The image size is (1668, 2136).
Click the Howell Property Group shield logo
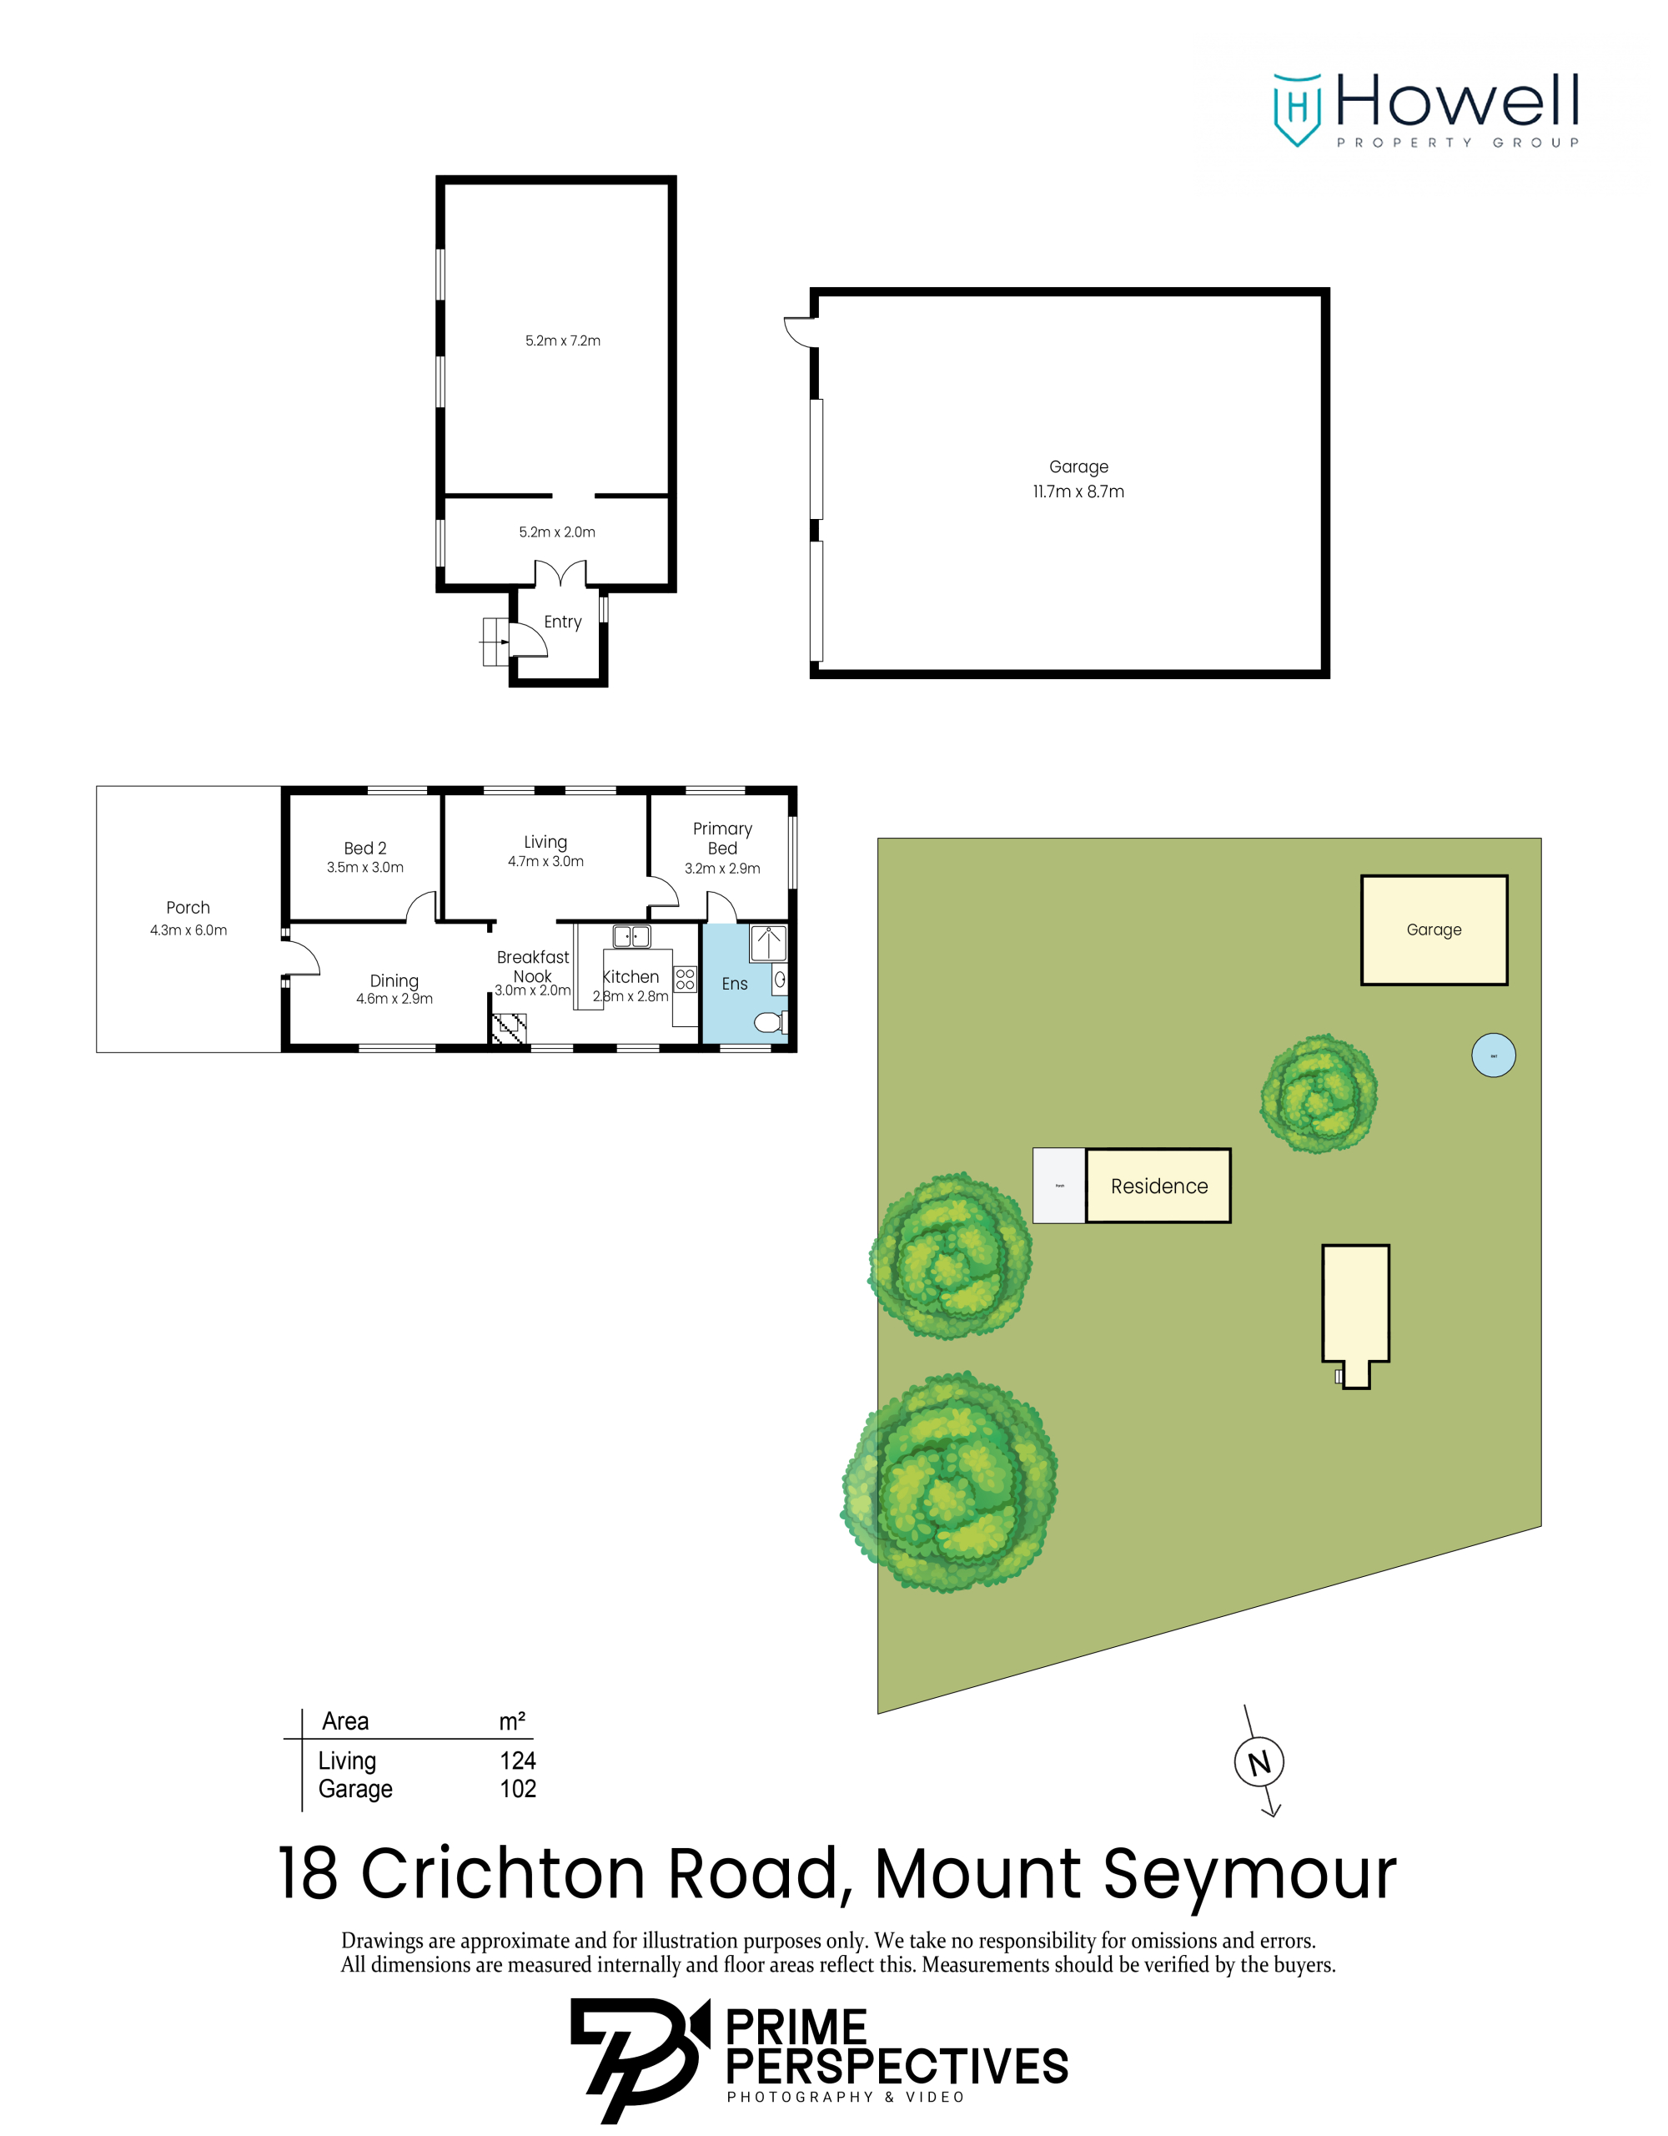[x=1297, y=108]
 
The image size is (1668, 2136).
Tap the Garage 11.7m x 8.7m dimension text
[x=1078, y=479]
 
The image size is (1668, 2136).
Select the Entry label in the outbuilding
[x=562, y=622]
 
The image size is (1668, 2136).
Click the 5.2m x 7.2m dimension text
[x=562, y=340]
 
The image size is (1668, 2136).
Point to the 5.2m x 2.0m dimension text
[x=556, y=532]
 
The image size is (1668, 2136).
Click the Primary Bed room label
[x=722, y=839]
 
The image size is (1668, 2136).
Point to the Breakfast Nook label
[x=533, y=966]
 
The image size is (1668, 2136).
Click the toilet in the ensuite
[x=770, y=1022]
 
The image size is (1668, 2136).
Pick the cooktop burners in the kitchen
[x=685, y=979]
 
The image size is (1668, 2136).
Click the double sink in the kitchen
[x=631, y=936]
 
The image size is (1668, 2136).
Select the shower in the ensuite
[x=768, y=944]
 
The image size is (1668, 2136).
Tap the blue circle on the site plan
[x=1493, y=1055]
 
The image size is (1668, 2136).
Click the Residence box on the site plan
[x=1158, y=1186]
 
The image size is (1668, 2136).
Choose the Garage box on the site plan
[x=1434, y=929]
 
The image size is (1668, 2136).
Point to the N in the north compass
[x=1259, y=1762]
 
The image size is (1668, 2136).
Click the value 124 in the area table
[x=517, y=1761]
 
